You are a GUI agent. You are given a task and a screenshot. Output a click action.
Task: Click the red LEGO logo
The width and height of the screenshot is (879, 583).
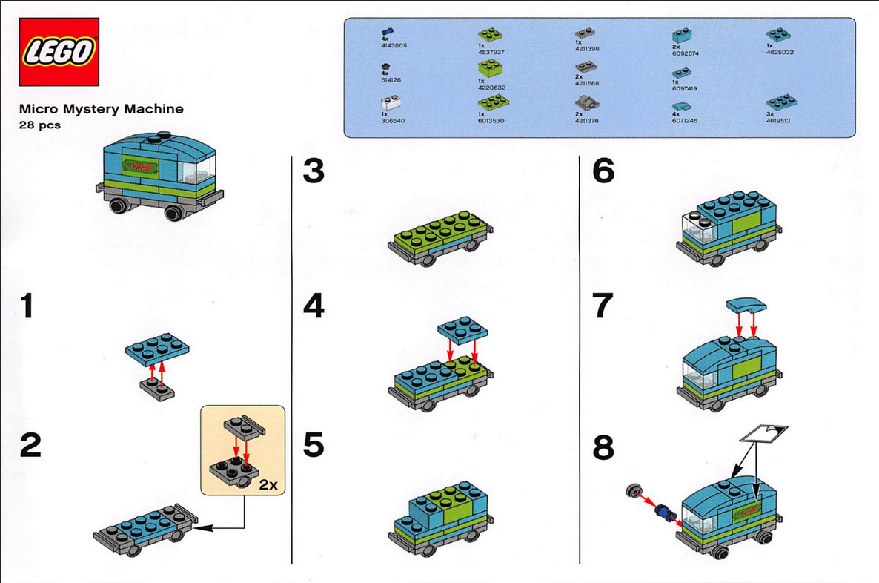(x=59, y=52)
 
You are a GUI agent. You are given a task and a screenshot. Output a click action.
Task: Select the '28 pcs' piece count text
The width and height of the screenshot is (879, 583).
(x=40, y=125)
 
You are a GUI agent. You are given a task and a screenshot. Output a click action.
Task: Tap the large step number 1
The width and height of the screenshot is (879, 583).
(x=27, y=306)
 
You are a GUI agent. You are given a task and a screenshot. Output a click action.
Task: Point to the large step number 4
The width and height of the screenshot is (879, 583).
(x=314, y=306)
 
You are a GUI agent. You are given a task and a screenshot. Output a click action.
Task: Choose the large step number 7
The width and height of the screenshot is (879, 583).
(x=603, y=306)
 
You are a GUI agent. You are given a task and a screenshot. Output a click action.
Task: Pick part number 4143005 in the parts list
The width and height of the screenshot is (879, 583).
(x=393, y=45)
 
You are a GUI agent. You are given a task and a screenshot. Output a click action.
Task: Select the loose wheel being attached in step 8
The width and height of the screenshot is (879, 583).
(x=634, y=490)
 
